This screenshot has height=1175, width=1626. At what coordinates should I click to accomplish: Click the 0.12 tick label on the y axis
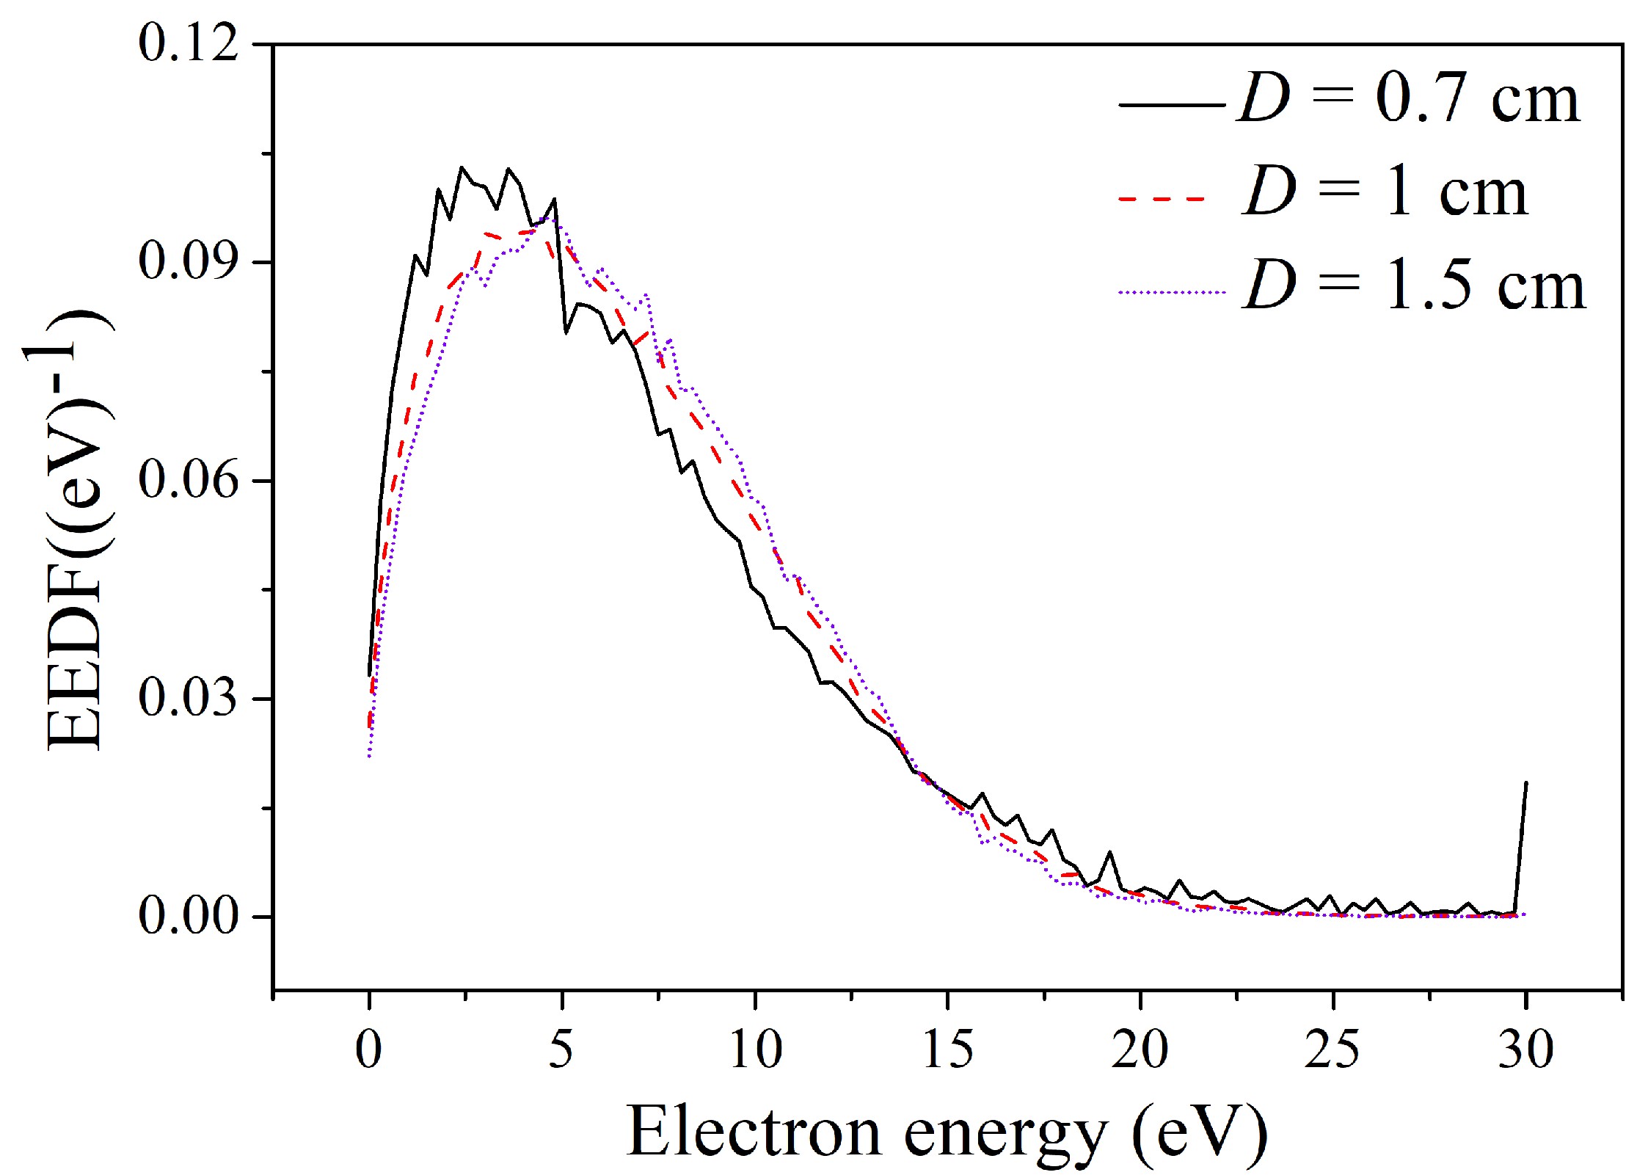[x=189, y=44]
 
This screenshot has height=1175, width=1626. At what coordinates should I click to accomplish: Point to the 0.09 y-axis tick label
[x=189, y=261]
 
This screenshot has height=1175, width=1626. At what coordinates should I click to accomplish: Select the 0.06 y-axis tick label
[x=189, y=480]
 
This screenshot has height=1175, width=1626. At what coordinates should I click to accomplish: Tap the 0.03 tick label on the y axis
[x=189, y=697]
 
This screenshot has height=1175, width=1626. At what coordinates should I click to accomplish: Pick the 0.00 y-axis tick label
[x=189, y=916]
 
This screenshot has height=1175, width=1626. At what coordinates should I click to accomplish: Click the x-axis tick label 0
[x=368, y=1050]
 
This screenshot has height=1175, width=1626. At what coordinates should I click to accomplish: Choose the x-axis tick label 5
[x=561, y=1050]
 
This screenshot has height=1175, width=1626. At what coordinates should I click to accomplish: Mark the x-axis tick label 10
[x=755, y=1050]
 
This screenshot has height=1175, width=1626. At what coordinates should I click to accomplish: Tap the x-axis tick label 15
[x=947, y=1050]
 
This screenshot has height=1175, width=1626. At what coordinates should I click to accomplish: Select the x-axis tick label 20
[x=1140, y=1050]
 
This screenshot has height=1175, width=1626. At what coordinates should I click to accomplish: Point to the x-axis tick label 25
[x=1332, y=1050]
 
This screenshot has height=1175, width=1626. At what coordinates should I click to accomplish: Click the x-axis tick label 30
[x=1525, y=1050]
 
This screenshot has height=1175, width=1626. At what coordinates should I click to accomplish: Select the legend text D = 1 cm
[x=1385, y=193]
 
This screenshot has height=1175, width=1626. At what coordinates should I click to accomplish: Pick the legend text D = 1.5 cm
[x=1413, y=286]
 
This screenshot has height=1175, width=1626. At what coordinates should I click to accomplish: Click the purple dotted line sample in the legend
[x=1171, y=292]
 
